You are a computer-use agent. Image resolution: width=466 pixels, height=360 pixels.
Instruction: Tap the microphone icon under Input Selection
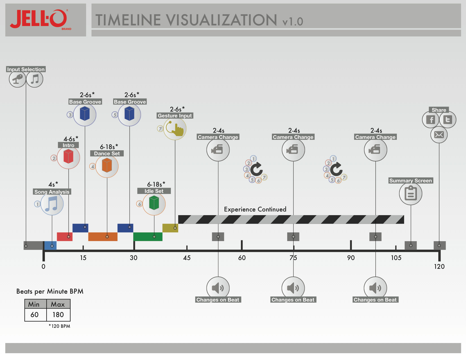[x=18, y=79]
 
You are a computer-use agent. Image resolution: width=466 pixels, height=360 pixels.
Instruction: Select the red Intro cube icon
[x=68, y=157]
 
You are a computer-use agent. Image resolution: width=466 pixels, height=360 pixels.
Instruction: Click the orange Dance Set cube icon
[x=107, y=166]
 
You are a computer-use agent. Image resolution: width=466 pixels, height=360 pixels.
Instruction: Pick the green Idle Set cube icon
[x=154, y=204]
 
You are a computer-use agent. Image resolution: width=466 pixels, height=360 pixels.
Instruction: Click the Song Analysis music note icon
[x=52, y=204]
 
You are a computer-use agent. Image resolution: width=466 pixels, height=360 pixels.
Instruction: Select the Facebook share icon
[x=431, y=120]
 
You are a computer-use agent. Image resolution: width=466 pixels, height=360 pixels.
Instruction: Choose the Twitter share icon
[x=448, y=120]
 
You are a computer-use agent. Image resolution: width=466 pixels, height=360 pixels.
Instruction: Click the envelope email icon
[x=439, y=135]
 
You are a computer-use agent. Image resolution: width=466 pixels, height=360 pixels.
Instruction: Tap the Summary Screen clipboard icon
[x=411, y=194]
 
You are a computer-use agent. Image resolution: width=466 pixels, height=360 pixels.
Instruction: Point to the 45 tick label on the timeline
[x=187, y=258]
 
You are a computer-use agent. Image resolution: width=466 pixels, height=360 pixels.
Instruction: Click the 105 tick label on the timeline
[x=396, y=258]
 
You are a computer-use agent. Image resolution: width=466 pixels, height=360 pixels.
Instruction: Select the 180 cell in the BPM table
[x=58, y=315]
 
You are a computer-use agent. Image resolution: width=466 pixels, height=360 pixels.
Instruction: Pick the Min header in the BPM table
[x=34, y=304]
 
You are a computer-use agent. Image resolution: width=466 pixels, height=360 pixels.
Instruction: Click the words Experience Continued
[x=255, y=210]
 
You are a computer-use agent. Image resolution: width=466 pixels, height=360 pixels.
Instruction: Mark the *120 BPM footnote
[x=60, y=326]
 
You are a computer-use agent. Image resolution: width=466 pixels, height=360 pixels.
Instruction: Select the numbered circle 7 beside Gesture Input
[x=160, y=129]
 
